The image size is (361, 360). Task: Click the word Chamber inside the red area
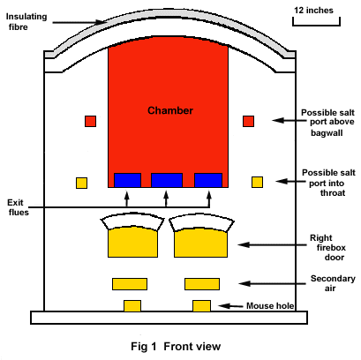[x=170, y=110]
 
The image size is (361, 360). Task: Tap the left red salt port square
[x=90, y=121]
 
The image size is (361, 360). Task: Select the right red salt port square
[x=248, y=121]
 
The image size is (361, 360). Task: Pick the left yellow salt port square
[x=81, y=183]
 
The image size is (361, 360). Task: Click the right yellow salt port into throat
[x=257, y=182]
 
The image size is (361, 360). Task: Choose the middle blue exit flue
[x=167, y=180]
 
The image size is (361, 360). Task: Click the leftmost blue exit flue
[x=127, y=180]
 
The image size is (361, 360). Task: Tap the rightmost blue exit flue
[x=208, y=180]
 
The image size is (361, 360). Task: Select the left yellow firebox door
[x=132, y=242]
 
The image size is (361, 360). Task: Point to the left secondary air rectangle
[x=130, y=284]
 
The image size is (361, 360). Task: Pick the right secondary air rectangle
[x=202, y=284]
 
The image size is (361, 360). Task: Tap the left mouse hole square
[x=132, y=306]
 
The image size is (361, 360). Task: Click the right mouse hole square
[x=202, y=306]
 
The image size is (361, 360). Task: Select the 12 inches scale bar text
[x=313, y=11]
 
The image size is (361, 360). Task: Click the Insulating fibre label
[x=26, y=21]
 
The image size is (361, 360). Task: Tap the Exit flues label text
[x=19, y=207]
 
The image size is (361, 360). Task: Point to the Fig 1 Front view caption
[x=176, y=347]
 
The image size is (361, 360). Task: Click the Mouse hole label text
[x=270, y=306]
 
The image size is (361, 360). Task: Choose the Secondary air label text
[x=333, y=283]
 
